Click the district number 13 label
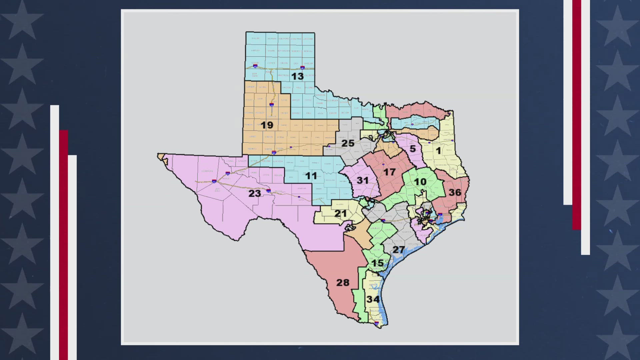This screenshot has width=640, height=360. click(x=297, y=76)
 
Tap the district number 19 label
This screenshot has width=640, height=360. click(x=267, y=125)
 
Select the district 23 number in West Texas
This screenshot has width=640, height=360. click(x=255, y=193)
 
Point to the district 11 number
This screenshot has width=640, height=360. click(x=311, y=176)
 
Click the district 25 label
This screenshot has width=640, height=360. click(x=348, y=143)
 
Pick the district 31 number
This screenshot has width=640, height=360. click(x=363, y=181)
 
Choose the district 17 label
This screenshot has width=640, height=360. click(x=389, y=172)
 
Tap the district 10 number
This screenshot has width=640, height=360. click(x=420, y=182)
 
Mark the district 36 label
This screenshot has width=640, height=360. click(x=455, y=192)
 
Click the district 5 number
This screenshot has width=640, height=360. click(x=413, y=149)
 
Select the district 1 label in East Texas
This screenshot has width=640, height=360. click(x=438, y=151)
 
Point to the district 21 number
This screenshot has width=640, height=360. click(x=341, y=213)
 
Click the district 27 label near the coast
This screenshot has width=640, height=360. click(x=399, y=250)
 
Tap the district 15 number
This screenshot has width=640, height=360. click(x=378, y=263)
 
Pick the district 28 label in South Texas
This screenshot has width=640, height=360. click(x=343, y=283)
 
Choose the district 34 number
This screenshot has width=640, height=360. click(x=373, y=299)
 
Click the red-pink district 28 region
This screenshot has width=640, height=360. click(x=333, y=267)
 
